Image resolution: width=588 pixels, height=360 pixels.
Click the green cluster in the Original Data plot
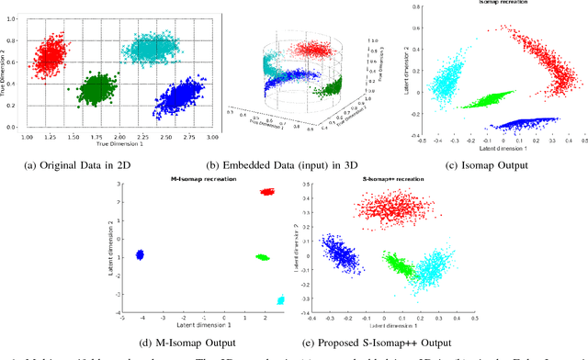click(x=96, y=90)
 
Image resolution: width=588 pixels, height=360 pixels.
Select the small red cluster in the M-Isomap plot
click(x=267, y=192)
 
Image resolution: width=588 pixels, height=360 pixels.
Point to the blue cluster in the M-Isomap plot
click(x=141, y=254)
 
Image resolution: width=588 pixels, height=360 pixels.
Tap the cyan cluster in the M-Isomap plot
click(x=281, y=300)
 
